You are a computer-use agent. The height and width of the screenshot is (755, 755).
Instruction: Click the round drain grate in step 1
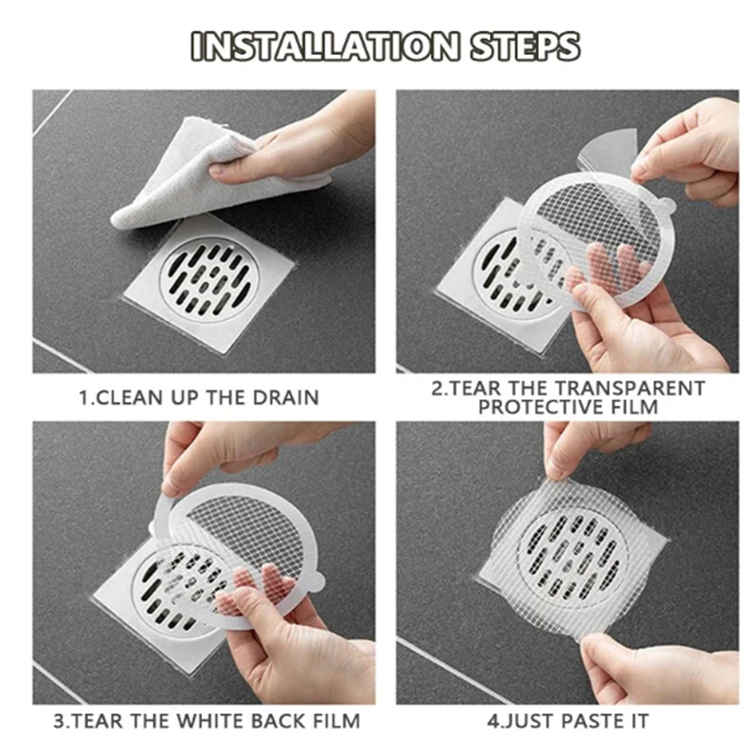click(x=209, y=277)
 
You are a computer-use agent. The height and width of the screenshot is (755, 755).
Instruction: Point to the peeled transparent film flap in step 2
click(x=609, y=151)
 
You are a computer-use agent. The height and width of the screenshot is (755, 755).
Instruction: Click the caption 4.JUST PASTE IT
click(x=567, y=722)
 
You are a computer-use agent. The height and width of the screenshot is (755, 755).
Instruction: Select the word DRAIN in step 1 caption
click(x=288, y=397)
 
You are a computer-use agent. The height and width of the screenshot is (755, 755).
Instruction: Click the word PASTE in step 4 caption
click(x=589, y=722)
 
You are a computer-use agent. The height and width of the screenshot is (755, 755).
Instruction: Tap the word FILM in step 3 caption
click(x=333, y=722)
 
